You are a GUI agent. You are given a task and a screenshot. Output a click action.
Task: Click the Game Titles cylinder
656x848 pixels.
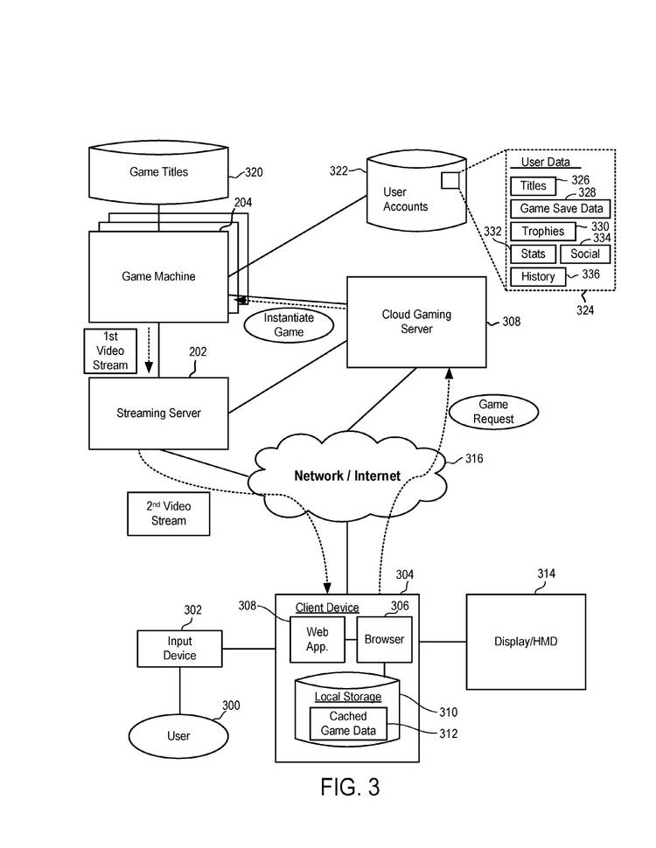tap(158, 172)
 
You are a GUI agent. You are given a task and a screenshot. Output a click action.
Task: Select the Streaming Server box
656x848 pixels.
tap(158, 413)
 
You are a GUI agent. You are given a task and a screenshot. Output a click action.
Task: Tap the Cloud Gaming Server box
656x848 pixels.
tap(416, 322)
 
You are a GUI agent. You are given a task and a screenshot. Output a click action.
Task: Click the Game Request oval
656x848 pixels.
tap(492, 412)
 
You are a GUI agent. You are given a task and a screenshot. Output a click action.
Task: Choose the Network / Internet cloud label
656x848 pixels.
tap(347, 476)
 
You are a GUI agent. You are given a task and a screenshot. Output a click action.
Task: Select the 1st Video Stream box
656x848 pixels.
tap(110, 351)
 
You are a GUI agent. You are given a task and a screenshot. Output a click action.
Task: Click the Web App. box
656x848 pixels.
tap(317, 640)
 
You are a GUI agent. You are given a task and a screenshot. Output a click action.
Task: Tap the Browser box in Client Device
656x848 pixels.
tap(384, 639)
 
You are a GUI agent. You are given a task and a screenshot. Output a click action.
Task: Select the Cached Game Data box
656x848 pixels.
tap(348, 723)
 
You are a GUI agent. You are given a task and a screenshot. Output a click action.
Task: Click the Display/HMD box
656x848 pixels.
tap(526, 642)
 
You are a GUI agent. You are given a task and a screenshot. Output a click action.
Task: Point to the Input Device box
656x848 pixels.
tap(179, 649)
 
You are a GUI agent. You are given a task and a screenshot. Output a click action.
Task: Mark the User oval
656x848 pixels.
tap(178, 735)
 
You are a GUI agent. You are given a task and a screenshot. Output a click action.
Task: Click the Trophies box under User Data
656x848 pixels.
tap(543, 232)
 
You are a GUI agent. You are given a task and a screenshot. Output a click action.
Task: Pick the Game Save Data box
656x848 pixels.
tap(561, 209)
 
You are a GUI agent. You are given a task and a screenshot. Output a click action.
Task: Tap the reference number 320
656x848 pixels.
tap(253, 173)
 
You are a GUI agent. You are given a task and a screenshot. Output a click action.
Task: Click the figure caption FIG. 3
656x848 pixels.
tap(350, 787)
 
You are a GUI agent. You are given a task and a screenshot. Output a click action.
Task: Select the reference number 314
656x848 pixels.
tap(546, 573)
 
